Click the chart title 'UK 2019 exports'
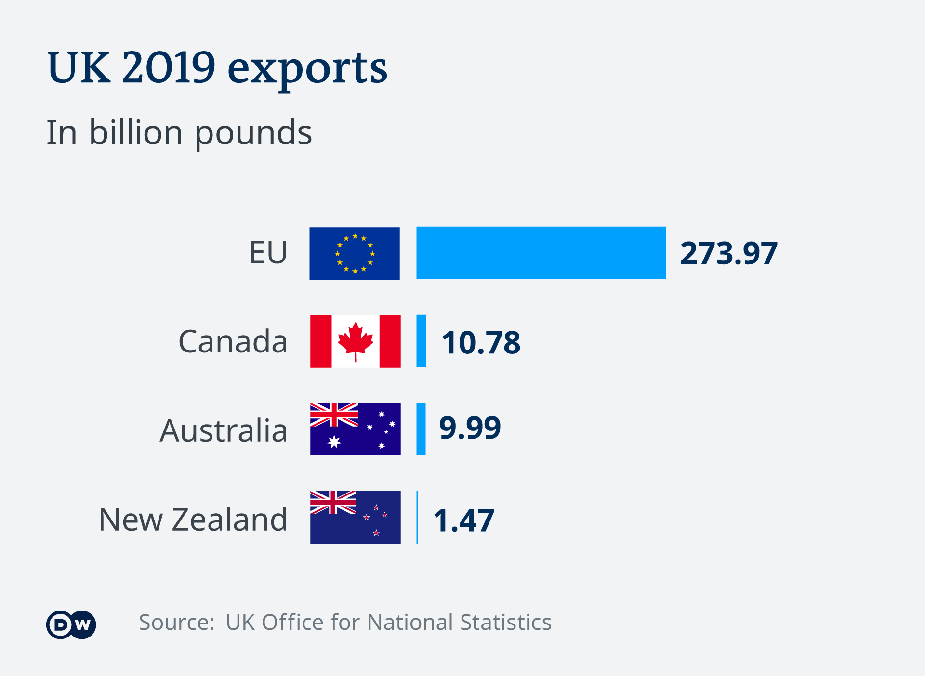tap(217, 68)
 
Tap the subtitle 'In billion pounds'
tap(179, 132)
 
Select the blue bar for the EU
tap(541, 253)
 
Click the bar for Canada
tap(421, 341)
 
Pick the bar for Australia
tap(421, 429)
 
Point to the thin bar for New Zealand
tap(417, 517)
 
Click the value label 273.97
tap(728, 253)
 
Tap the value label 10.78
tap(481, 342)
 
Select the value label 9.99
tap(470, 428)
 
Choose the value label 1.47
tap(463, 520)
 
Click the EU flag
tap(355, 253)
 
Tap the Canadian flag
tap(356, 341)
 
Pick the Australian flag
tap(356, 429)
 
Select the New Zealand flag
tap(356, 517)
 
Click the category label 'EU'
tap(268, 252)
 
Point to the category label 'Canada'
tap(233, 341)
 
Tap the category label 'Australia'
tap(224, 430)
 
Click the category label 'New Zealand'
tap(193, 520)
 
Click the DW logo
tap(71, 625)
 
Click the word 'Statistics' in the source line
tap(506, 622)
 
